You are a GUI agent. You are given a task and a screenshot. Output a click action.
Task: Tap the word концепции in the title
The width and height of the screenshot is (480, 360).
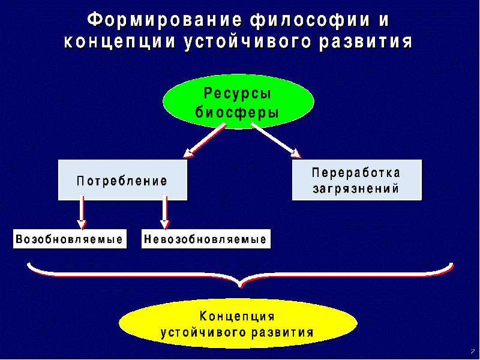[x=120, y=42]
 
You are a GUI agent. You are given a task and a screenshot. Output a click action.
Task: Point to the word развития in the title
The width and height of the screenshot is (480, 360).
[x=365, y=42]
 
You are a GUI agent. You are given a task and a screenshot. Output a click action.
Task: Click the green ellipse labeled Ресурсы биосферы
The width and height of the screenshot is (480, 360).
[x=238, y=102]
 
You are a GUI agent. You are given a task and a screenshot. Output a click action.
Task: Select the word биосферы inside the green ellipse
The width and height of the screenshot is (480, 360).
[x=237, y=112]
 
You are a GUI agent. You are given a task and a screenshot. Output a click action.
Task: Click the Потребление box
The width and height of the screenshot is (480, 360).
[x=122, y=180]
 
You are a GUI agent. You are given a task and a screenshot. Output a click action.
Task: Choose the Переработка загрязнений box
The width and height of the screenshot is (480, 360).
[x=356, y=180]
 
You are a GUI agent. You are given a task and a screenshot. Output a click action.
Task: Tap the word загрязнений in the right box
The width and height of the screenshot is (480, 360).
[x=356, y=188]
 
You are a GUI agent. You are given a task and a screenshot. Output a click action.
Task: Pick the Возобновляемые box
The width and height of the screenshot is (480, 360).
[x=70, y=239]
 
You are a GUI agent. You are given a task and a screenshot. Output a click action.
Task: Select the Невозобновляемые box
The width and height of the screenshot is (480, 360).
[x=206, y=239]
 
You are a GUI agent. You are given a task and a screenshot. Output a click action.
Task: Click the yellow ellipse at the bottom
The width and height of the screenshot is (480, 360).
[x=238, y=324]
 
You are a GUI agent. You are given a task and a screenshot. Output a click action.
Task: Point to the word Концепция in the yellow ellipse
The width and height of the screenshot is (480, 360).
[x=237, y=316]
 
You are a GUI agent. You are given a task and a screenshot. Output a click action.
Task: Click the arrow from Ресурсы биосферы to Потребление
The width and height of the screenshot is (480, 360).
[x=205, y=141]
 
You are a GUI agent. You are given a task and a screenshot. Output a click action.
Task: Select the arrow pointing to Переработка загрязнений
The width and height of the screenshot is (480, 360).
[x=276, y=141]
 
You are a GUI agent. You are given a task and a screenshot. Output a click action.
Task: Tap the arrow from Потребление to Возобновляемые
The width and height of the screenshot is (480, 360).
[x=82, y=213]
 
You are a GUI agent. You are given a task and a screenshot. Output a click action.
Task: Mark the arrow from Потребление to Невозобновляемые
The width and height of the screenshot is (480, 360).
[x=165, y=213]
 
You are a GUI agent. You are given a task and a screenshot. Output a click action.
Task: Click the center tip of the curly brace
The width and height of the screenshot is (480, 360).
[x=241, y=287]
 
